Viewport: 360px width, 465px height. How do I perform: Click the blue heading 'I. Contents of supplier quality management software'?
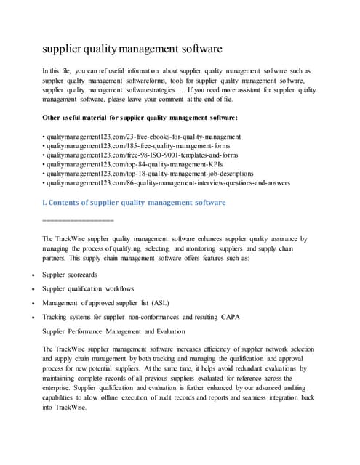(135, 202)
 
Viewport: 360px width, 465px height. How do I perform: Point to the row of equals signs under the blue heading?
(79, 219)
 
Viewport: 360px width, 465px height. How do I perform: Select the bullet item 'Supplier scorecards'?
(70, 275)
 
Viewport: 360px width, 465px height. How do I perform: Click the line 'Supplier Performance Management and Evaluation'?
(120, 331)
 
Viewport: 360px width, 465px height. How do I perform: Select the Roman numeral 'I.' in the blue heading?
(46, 202)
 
